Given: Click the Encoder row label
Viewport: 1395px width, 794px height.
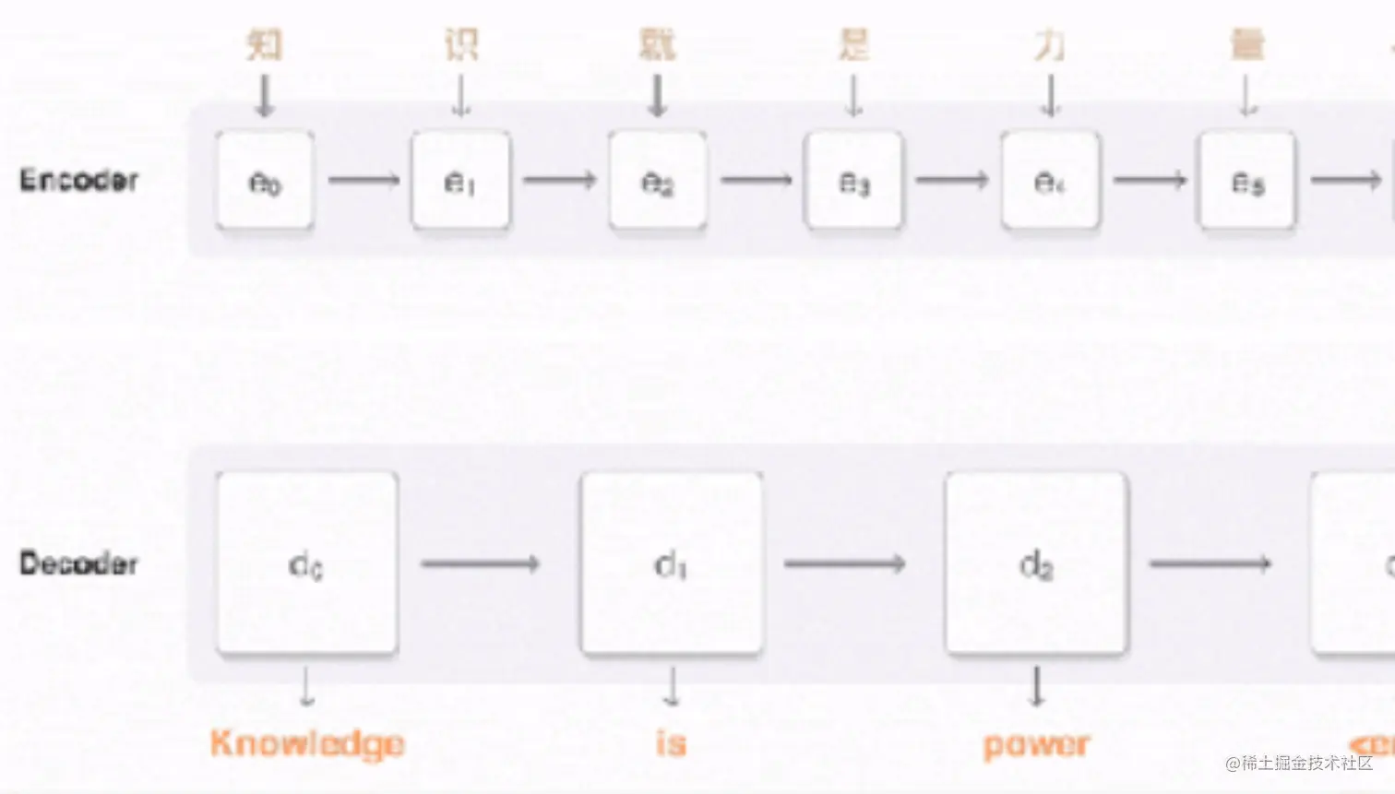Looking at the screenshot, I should click(x=79, y=180).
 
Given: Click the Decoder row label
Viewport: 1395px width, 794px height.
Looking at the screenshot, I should click(x=79, y=563).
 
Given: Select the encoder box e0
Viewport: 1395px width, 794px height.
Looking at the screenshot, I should click(x=265, y=181).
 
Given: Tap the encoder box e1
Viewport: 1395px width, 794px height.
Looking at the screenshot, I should click(x=460, y=181).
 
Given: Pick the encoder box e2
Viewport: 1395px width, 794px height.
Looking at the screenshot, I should click(x=657, y=181).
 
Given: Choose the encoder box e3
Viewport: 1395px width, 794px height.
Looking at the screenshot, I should click(x=853, y=181).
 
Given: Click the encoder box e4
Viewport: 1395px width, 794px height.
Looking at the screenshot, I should click(x=1050, y=181).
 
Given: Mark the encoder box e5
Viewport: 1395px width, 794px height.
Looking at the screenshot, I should click(x=1246, y=181).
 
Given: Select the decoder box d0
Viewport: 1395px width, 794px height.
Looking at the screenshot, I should click(x=307, y=563).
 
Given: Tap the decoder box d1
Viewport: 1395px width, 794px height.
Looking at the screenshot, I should click(x=672, y=563).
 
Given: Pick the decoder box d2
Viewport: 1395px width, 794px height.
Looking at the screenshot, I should click(x=1036, y=563).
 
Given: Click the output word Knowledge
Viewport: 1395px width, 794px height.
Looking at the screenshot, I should click(x=307, y=743).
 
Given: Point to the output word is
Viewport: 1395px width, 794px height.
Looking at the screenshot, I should click(x=672, y=742).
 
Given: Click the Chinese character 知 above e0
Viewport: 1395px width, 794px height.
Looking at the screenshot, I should click(x=265, y=44).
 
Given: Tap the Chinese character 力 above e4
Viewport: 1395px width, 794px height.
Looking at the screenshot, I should click(x=1050, y=44).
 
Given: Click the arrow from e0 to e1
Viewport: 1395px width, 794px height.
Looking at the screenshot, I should click(x=364, y=180).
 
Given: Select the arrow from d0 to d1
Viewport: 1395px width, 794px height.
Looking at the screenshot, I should click(x=480, y=563).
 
